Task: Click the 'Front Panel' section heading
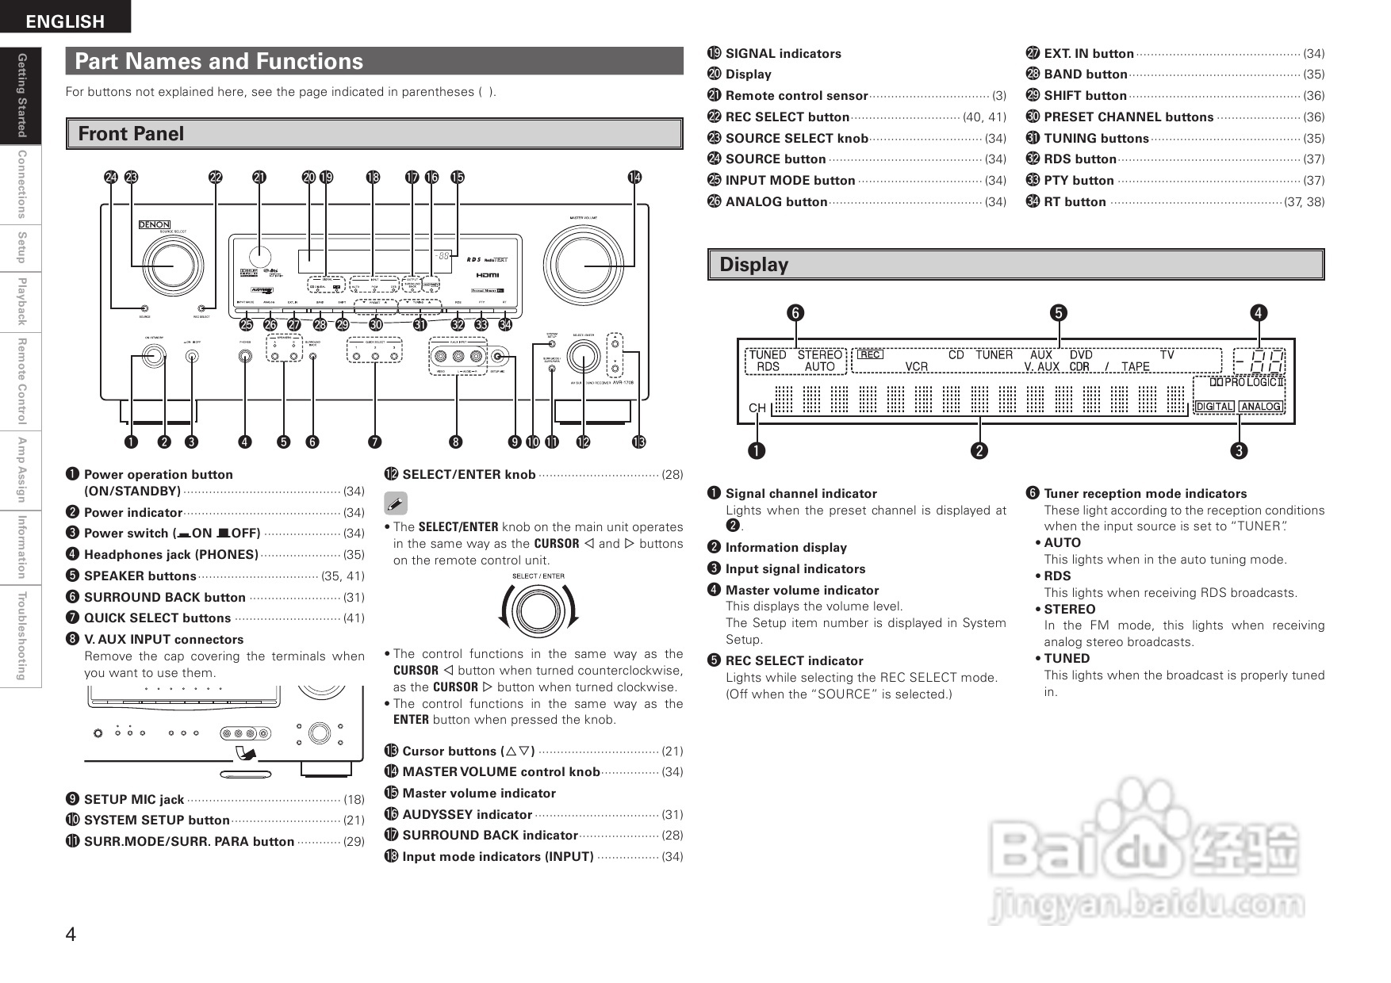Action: click(132, 134)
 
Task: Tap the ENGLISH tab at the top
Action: click(65, 21)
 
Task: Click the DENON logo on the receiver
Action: click(154, 224)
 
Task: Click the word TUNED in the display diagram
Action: click(767, 355)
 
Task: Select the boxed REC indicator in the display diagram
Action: click(870, 355)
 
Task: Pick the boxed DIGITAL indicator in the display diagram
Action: click(1214, 407)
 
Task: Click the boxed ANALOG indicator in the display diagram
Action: click(1260, 407)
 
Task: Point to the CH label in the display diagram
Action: click(757, 408)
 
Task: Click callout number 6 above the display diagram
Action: click(795, 313)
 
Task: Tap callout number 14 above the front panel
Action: click(634, 178)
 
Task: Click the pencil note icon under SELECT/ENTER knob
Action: click(395, 503)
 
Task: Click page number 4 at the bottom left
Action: click(71, 935)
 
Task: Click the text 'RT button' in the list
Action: click(1075, 202)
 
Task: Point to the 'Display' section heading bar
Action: click(1015, 265)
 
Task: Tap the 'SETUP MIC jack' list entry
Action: click(134, 800)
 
